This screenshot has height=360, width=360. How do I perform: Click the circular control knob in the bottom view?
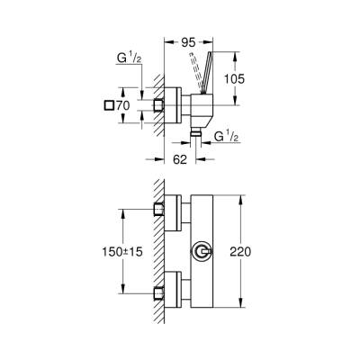pos(204,250)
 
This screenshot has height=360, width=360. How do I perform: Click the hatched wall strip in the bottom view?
pos(157,252)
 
